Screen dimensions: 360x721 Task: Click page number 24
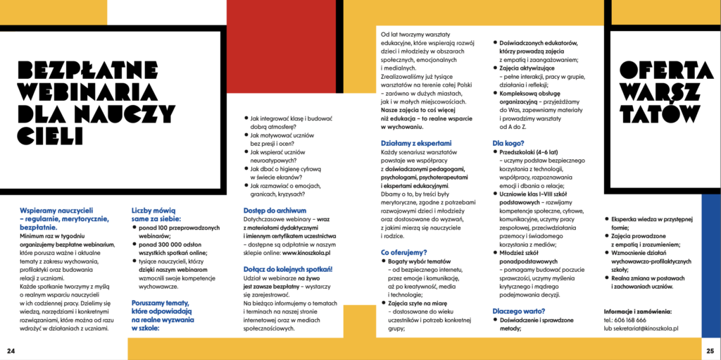click(11, 351)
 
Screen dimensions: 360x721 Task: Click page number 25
click(710, 351)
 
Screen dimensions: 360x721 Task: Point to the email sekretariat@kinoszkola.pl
click(646, 328)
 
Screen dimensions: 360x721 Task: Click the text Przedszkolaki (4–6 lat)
click(530, 152)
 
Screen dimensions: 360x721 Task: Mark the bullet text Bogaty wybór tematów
click(421, 261)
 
